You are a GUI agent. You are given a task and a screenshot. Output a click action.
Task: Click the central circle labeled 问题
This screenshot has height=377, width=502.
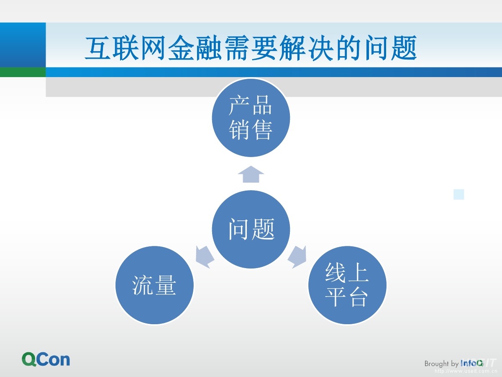tap(251, 229)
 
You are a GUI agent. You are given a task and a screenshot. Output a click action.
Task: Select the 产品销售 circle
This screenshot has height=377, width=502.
tap(251, 118)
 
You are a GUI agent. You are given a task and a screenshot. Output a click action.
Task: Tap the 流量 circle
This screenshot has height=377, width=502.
tap(154, 286)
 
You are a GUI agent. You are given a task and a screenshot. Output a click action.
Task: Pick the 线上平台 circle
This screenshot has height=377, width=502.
tap(347, 286)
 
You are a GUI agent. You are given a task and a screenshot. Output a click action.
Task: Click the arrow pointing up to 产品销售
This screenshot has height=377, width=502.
tap(251, 174)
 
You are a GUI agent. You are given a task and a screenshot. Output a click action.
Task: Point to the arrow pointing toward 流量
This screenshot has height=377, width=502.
tap(204, 256)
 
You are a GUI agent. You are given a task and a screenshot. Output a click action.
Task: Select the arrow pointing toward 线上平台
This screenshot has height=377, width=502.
tap(297, 256)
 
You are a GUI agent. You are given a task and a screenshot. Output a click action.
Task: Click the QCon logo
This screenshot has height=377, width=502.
tap(46, 359)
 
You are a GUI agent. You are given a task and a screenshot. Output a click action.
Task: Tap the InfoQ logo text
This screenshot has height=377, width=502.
tap(472, 363)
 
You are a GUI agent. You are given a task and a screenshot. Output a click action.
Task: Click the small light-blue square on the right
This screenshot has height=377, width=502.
tap(459, 194)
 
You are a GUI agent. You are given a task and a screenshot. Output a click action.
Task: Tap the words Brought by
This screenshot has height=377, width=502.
tap(441, 364)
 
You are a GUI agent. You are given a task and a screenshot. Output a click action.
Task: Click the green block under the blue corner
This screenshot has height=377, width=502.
tap(23, 72)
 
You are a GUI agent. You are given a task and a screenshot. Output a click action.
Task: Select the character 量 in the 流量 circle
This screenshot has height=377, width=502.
tap(165, 286)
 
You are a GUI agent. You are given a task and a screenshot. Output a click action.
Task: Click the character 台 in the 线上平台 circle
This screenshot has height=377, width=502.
tap(358, 297)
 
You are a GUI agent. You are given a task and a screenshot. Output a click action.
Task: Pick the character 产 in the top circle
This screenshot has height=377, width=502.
tap(239, 106)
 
